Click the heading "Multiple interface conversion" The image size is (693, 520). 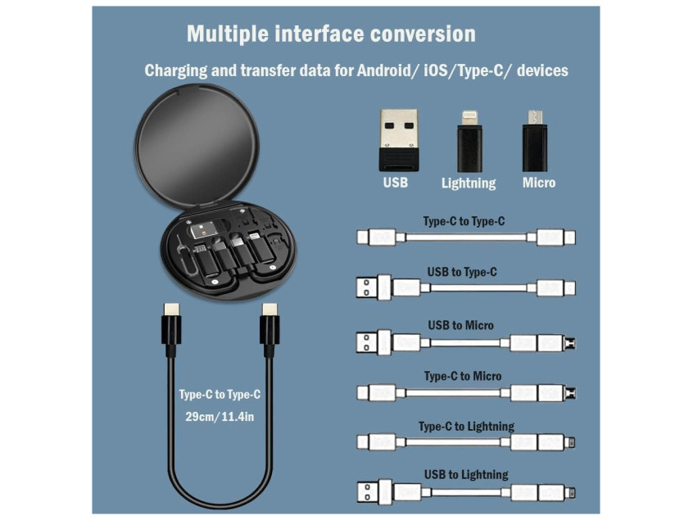(331, 34)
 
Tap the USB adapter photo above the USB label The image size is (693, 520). (399, 140)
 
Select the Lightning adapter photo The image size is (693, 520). (469, 142)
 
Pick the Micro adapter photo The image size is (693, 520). (535, 141)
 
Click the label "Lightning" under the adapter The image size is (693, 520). (469, 183)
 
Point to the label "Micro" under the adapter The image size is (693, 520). (539, 183)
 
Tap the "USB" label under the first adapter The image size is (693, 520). (396, 183)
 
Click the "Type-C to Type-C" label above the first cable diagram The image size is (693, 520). (464, 221)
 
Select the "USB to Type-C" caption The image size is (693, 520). (462, 272)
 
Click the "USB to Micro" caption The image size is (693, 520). (460, 326)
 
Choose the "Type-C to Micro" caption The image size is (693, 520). (463, 377)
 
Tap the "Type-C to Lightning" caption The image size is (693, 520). (466, 427)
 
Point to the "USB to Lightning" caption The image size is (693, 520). (466, 475)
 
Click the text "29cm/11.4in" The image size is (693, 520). (220, 417)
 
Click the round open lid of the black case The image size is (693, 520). (197, 147)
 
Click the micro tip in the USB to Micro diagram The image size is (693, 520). (570, 343)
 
